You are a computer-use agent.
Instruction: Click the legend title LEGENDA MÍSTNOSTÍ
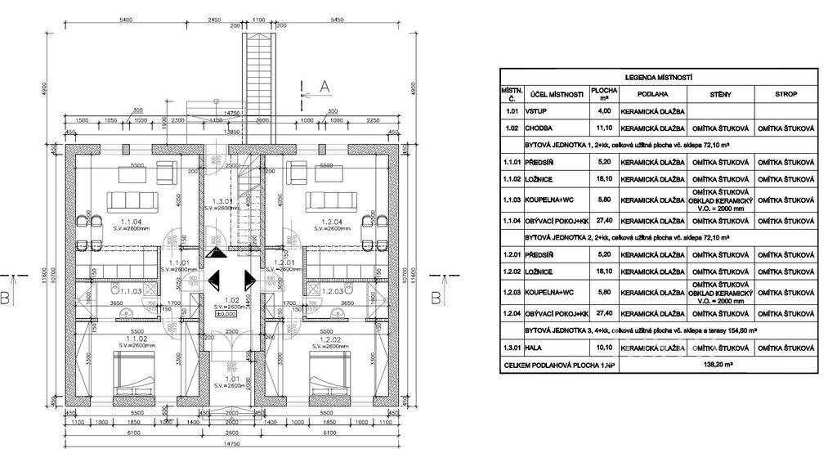point(658,77)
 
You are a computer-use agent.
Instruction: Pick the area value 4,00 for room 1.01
point(604,110)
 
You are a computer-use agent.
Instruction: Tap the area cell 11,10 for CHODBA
point(604,128)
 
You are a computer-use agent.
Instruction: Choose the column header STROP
point(786,94)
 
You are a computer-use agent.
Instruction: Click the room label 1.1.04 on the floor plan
point(130,222)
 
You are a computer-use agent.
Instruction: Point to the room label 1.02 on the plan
point(231,300)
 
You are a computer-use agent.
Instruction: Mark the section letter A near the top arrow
point(324,86)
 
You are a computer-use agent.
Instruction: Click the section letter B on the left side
point(6,299)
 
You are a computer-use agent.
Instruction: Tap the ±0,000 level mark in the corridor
point(226,313)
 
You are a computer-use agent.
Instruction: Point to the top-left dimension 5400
point(127,17)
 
